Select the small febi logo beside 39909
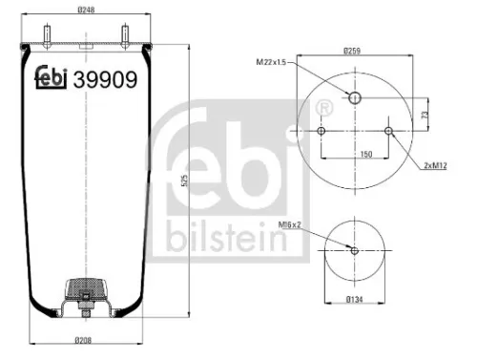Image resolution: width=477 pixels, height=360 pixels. point(51,80)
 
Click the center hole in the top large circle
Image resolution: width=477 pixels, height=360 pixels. point(354,97)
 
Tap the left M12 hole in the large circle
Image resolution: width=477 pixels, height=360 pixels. point(321,131)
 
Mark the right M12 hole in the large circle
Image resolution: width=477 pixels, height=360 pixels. point(387,131)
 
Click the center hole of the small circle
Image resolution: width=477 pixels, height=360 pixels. point(354,251)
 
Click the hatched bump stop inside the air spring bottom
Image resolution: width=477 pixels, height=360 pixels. point(86,287)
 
